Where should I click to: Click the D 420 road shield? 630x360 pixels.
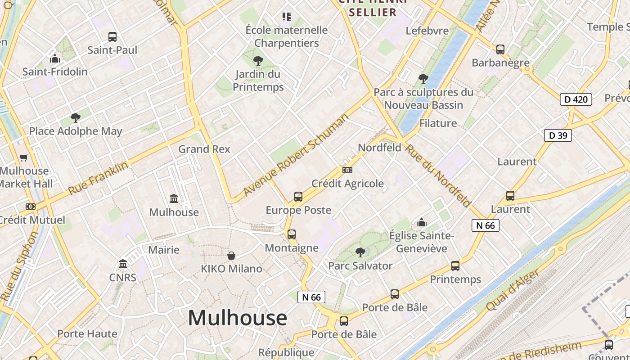tap(576, 99)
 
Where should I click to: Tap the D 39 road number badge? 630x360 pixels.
tap(558, 135)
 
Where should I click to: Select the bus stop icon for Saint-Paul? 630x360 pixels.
tap(112, 37)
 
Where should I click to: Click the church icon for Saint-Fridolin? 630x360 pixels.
tap(55, 58)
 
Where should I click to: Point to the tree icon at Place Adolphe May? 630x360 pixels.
tap(76, 118)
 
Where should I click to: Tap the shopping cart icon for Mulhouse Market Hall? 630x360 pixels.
tap(24, 158)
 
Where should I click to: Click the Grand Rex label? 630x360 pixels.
tap(204, 149)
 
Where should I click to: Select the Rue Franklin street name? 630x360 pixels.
tap(98, 179)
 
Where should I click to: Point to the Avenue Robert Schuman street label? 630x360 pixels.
tap(296, 155)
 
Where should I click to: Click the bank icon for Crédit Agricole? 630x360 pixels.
tap(347, 170)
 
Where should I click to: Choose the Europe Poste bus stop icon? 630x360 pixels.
tap(298, 197)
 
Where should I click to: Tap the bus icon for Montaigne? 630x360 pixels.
tap(292, 234)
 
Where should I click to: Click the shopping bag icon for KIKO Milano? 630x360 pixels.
tap(231, 256)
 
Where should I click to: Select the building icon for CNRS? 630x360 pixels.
tap(123, 264)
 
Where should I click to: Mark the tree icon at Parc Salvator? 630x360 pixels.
tap(360, 252)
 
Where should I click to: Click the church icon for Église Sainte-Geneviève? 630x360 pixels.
tap(422, 222)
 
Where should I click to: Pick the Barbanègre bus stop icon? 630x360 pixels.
tap(500, 49)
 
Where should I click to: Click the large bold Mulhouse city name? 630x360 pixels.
tap(238, 318)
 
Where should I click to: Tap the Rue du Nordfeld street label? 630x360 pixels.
tap(438, 175)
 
